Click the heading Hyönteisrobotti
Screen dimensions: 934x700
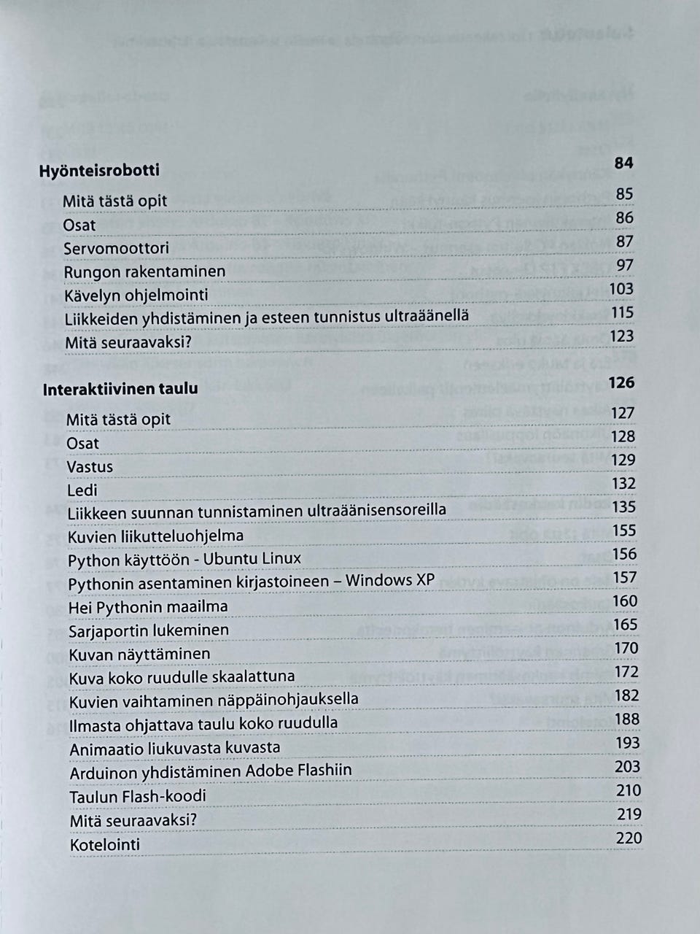[99, 171]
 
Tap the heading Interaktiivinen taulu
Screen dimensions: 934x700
[120, 388]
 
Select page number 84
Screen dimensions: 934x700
[623, 163]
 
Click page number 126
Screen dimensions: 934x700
[621, 382]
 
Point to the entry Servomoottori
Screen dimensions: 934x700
[116, 248]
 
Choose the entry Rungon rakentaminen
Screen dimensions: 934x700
[144, 272]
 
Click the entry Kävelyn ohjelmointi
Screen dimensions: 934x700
[136, 296]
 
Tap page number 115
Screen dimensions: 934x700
[621, 312]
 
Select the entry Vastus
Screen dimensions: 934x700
[90, 466]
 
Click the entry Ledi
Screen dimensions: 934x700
[82, 490]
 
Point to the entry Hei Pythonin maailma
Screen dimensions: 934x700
[148, 607]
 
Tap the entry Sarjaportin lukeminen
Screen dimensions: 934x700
[149, 630]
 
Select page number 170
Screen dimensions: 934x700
[626, 648]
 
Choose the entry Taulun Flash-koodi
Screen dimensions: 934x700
[138, 796]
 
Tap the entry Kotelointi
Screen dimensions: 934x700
[105, 845]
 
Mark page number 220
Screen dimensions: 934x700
[629, 838]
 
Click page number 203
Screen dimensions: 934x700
[627, 766]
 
